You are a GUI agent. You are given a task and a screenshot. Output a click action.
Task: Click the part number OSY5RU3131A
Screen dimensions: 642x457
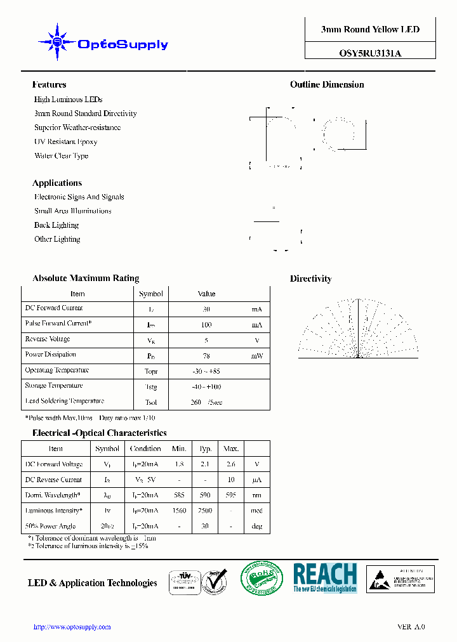370,54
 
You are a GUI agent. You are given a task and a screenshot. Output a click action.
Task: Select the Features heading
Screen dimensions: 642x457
49,84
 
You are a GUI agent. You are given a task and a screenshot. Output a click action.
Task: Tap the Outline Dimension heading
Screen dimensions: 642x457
327,84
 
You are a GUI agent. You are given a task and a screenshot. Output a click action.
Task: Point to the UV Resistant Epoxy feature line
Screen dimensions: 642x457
65,141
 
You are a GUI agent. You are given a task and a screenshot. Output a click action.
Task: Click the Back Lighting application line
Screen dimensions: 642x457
56,225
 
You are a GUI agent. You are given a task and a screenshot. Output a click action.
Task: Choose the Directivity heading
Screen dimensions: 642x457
310,278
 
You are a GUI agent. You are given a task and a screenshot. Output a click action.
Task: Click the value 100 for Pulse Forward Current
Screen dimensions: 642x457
206,325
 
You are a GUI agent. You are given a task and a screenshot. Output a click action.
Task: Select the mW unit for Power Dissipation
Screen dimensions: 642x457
256,356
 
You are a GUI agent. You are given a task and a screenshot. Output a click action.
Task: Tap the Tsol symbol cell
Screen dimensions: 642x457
151,402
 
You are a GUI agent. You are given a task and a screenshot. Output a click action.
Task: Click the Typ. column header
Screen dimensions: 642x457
206,449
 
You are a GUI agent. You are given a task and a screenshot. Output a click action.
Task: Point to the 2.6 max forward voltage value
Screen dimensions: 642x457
230,464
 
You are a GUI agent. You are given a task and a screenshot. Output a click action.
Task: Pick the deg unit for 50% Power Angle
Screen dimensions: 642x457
256,526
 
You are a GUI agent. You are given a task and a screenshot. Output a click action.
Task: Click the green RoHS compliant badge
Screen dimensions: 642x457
262,579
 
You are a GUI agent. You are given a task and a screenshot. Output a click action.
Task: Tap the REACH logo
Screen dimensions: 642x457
325,578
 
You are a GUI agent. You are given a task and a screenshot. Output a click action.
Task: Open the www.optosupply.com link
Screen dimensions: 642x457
72,627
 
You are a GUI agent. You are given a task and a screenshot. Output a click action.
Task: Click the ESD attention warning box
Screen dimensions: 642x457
402,579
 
